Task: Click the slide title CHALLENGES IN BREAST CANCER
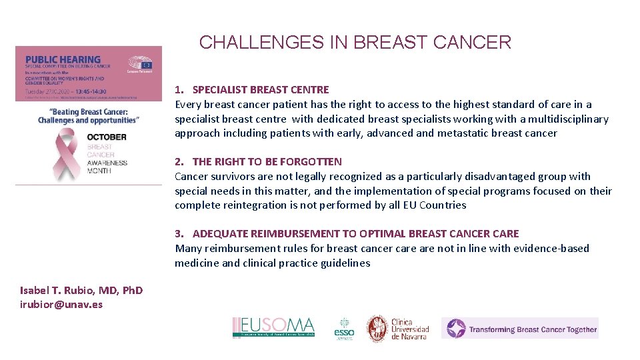pyautogui.click(x=355, y=43)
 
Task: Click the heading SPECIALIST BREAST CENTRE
pyautogui.click(x=261, y=89)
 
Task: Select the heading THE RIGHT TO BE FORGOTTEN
pyautogui.click(x=267, y=161)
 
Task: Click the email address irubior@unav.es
pyautogui.click(x=61, y=304)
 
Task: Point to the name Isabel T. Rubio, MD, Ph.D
pyautogui.click(x=81, y=290)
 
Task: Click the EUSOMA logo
pyautogui.click(x=273, y=327)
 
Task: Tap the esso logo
pyautogui.click(x=344, y=328)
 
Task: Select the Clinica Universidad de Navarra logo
pyautogui.click(x=398, y=328)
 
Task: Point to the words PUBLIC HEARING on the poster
pyautogui.click(x=62, y=59)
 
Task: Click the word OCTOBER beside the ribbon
pyautogui.click(x=106, y=137)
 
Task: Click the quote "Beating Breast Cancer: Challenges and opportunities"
pyautogui.click(x=88, y=116)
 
